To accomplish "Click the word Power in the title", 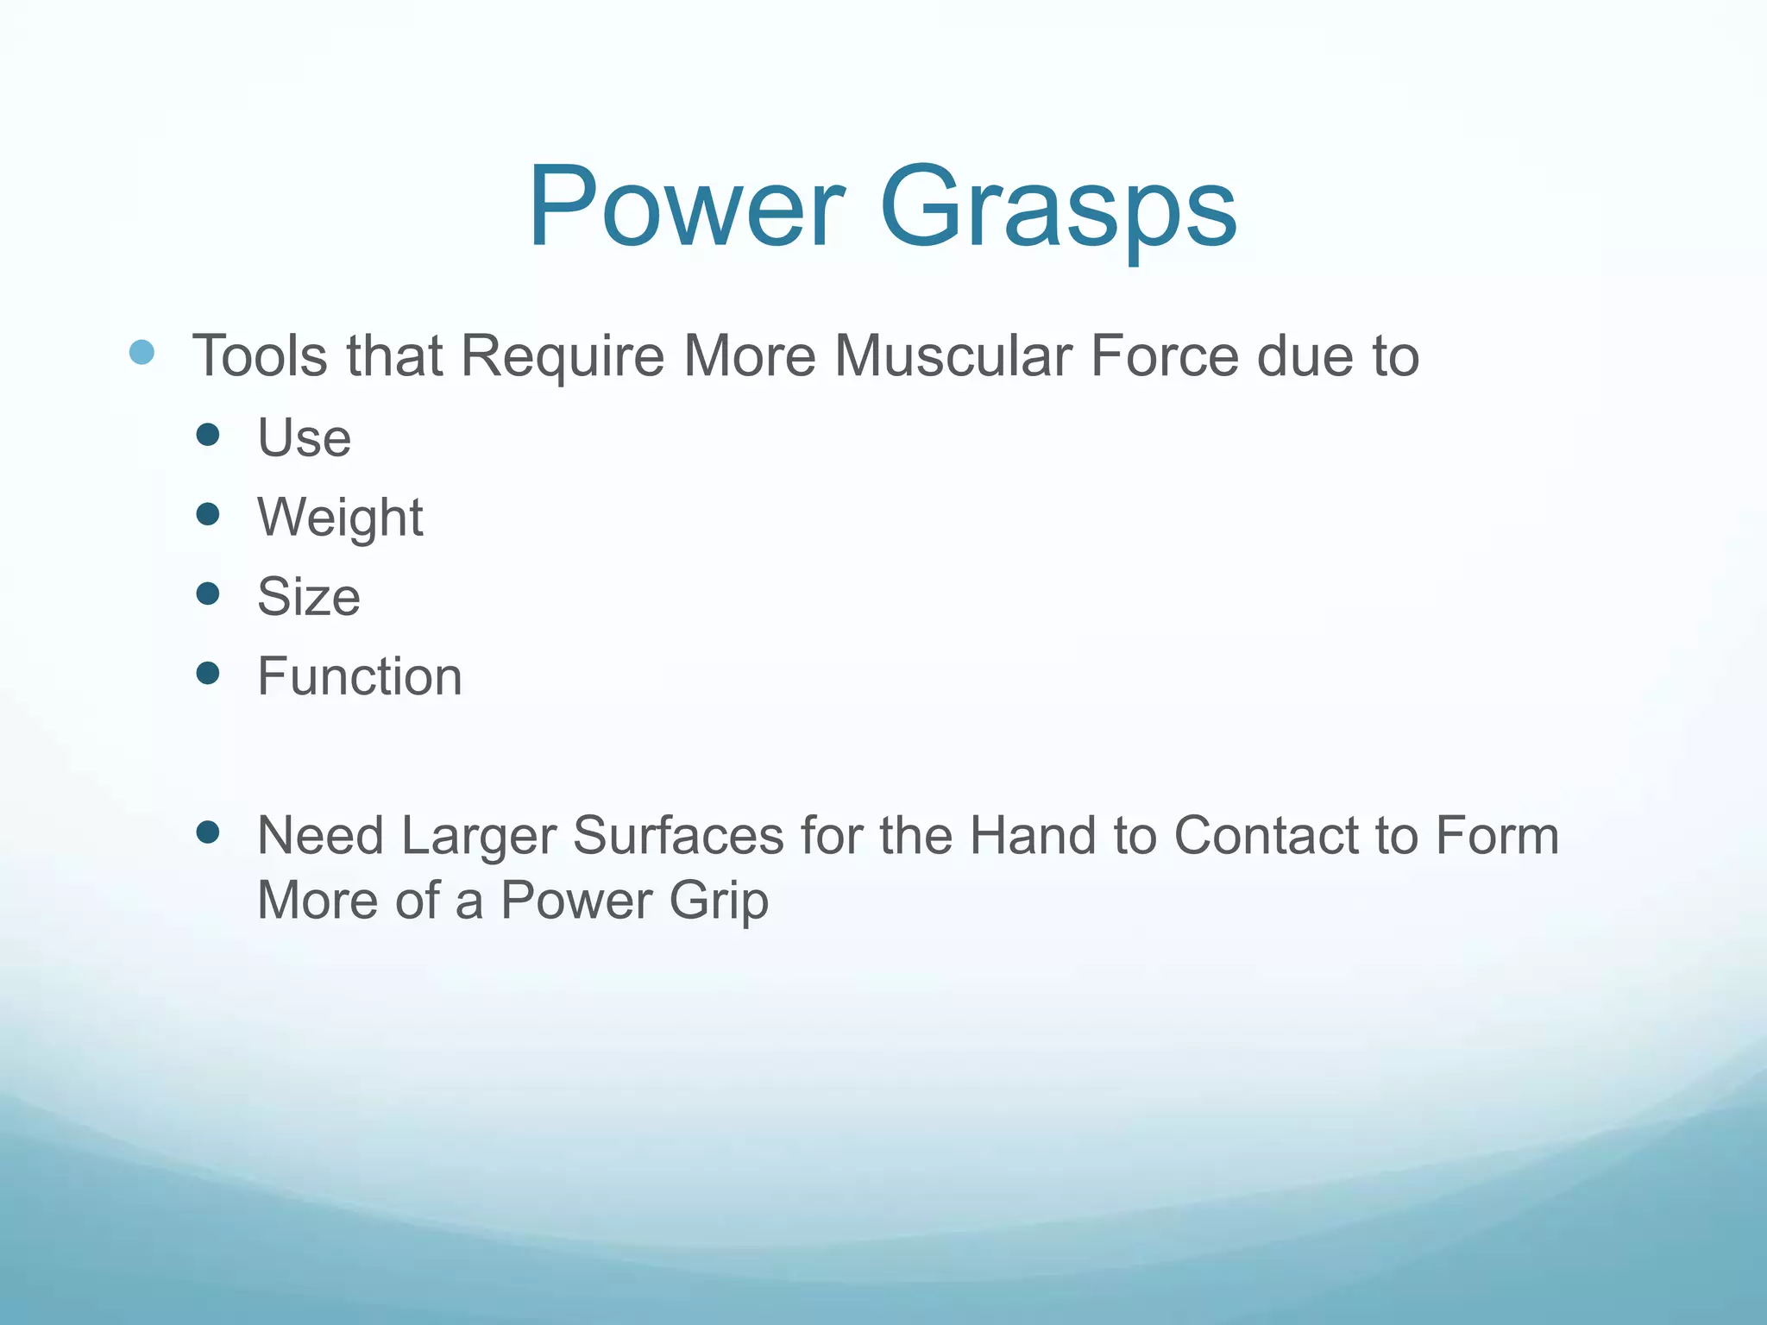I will pos(686,207).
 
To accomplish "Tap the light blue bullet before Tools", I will pos(141,352).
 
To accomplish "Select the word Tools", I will pos(260,355).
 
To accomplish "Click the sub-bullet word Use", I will pos(304,437).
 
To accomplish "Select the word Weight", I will pos(340,518).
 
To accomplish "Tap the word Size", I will pos(308,596).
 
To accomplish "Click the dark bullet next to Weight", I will pos(208,515).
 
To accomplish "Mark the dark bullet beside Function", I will pos(208,673).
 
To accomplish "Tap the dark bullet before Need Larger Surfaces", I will pos(208,832).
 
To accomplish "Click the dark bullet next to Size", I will pos(208,593).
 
